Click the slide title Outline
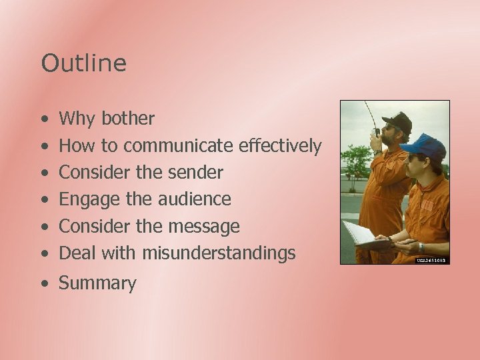[x=83, y=63]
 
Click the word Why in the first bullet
[x=77, y=119]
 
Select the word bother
[x=127, y=119]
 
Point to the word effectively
[x=279, y=145]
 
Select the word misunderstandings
[x=218, y=253]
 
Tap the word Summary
[x=97, y=284]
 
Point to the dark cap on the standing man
[x=399, y=121]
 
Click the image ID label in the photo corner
[x=432, y=260]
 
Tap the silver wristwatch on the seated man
[x=421, y=247]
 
